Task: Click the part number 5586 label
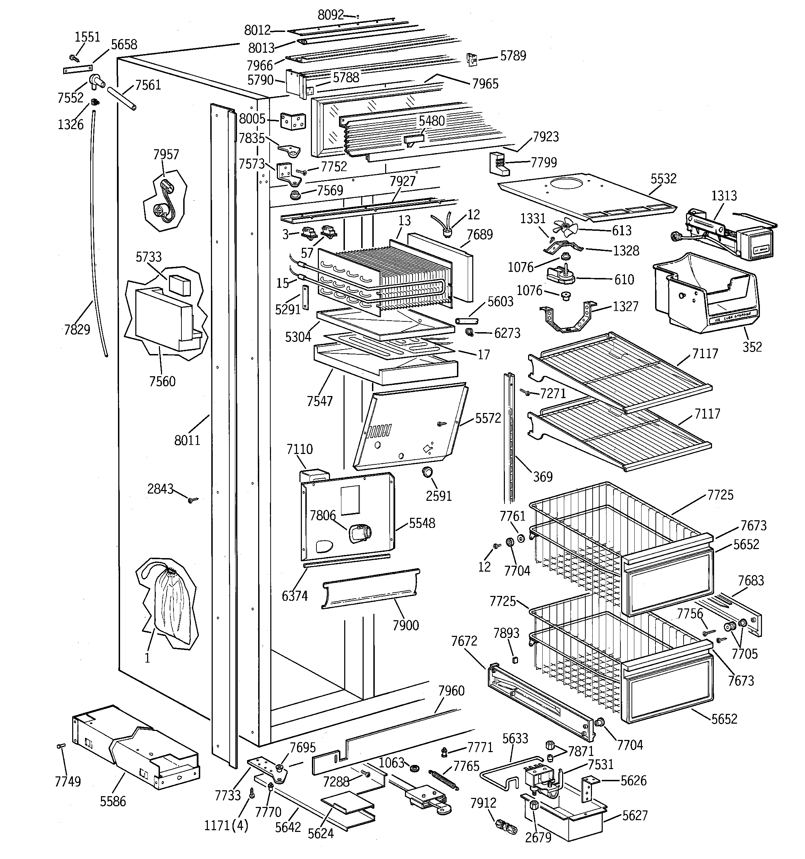click(x=113, y=801)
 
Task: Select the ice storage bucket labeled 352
click(x=704, y=294)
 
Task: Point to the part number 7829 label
click(x=77, y=329)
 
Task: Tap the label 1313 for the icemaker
click(x=724, y=195)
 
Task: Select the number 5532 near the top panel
click(x=663, y=178)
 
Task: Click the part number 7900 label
click(x=405, y=625)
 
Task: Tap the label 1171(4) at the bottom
click(x=226, y=826)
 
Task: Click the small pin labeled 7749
click(x=61, y=746)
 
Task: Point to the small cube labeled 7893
click(x=515, y=660)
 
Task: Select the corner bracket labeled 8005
click(x=293, y=121)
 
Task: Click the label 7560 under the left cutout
click(x=162, y=381)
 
